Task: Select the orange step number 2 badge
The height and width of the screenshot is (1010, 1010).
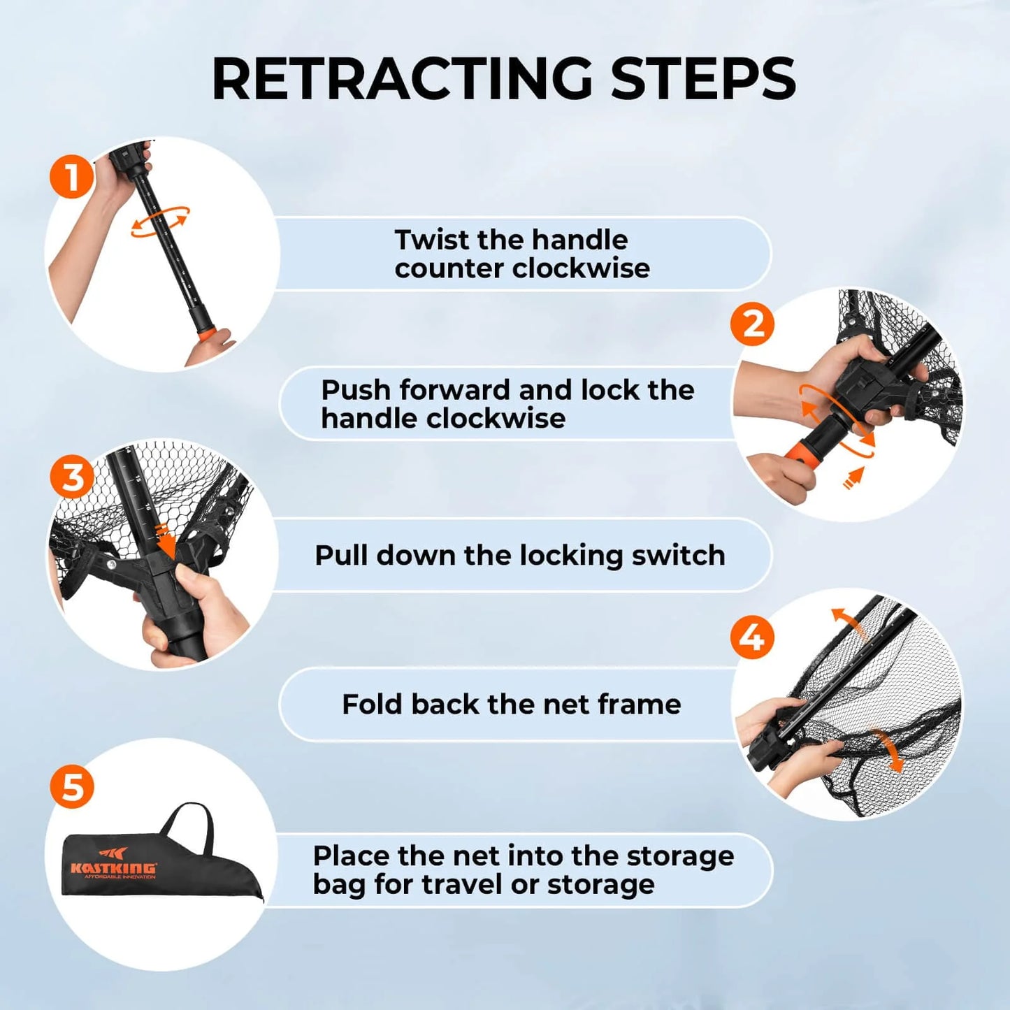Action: [752, 324]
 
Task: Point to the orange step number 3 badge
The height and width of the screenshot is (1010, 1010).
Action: [72, 478]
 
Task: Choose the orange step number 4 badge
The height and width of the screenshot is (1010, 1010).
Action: [752, 637]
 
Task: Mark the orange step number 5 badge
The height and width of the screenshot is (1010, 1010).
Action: [72, 786]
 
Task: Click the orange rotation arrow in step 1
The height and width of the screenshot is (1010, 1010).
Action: [160, 221]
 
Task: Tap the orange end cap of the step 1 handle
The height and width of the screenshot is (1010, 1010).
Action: [206, 335]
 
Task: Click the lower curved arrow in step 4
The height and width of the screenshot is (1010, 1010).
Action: [889, 751]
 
